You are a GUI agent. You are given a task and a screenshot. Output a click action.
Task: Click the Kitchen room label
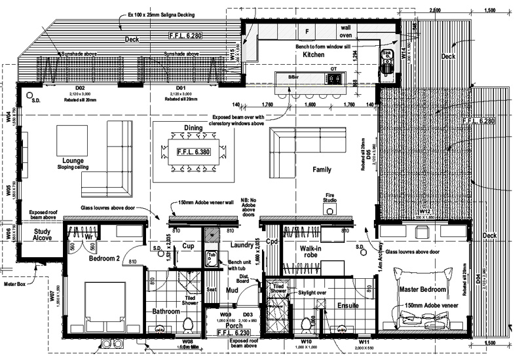click(314, 56)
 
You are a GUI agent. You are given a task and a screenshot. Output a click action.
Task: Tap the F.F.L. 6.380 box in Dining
click(195, 151)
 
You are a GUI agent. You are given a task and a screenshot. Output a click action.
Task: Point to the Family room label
click(322, 170)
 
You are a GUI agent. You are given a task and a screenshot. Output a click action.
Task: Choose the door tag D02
click(80, 88)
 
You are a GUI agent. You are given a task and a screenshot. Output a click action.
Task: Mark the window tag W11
click(364, 341)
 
